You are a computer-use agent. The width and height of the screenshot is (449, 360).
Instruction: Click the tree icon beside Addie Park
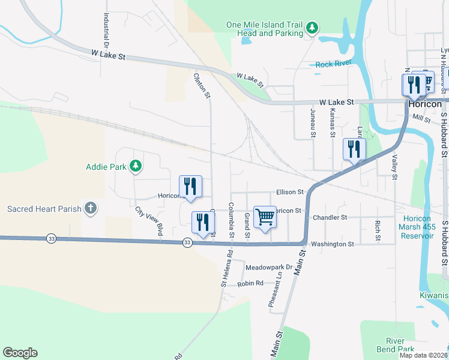[136, 166]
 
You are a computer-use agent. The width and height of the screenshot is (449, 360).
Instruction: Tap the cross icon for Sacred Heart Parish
[90, 209]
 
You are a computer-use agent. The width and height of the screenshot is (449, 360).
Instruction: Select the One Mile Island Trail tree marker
[312, 28]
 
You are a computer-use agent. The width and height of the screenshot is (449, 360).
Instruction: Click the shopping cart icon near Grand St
[265, 217]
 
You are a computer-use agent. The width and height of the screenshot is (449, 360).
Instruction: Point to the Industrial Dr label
[106, 31]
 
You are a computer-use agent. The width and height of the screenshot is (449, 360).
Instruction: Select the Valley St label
[395, 167]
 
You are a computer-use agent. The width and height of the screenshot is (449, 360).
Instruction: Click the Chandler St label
[330, 217]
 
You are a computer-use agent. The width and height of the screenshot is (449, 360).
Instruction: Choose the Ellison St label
[291, 192]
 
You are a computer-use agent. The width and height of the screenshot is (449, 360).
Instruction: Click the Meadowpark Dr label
[268, 267]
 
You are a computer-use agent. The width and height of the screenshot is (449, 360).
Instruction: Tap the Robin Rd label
[250, 283]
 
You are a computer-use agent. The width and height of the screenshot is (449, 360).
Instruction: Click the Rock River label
[333, 64]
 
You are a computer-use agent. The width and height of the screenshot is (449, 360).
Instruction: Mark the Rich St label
[378, 230]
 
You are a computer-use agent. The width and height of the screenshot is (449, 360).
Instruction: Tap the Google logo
[20, 353]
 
